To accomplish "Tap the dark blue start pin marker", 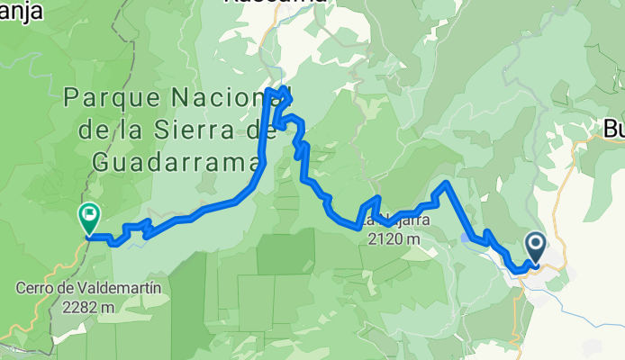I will click(x=534, y=246).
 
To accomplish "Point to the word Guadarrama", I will click(x=176, y=161).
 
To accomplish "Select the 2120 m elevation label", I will click(x=394, y=239).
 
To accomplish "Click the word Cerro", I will click(x=33, y=289).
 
